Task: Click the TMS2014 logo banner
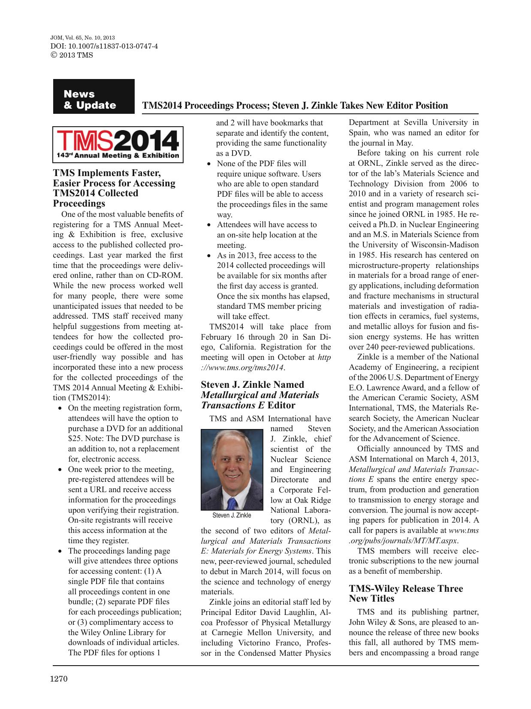118,145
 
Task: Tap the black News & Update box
94,97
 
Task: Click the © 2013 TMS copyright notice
72,55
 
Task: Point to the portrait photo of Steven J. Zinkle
232,470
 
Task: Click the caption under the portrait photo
232,515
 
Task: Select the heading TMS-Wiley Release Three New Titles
406,593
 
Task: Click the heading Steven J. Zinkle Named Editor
260,395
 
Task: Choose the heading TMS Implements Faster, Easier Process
114,188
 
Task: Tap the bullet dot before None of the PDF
209,164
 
